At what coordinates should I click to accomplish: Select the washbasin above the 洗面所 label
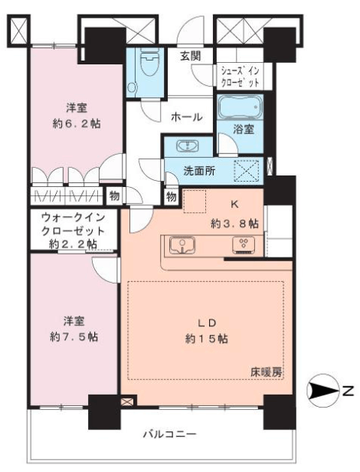[x=188, y=146]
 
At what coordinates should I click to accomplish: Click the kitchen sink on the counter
[x=182, y=245]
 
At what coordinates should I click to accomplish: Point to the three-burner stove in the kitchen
[x=244, y=244]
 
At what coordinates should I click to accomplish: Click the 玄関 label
[x=190, y=56]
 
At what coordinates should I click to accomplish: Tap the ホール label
[x=186, y=116]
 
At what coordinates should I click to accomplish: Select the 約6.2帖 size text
[x=77, y=123]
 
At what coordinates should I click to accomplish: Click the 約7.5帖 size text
[x=74, y=337]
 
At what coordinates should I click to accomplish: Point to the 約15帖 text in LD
[x=206, y=339]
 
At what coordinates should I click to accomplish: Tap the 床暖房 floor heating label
[x=267, y=372]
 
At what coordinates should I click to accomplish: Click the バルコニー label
[x=170, y=434]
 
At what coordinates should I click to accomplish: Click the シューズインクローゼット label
[x=240, y=77]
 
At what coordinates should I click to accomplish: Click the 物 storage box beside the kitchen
[x=171, y=198]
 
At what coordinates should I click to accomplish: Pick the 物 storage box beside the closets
[x=114, y=196]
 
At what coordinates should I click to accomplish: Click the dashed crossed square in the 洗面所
[x=247, y=171]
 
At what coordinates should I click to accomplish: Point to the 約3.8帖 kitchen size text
[x=234, y=224]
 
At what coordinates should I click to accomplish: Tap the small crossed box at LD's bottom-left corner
[x=126, y=402]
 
